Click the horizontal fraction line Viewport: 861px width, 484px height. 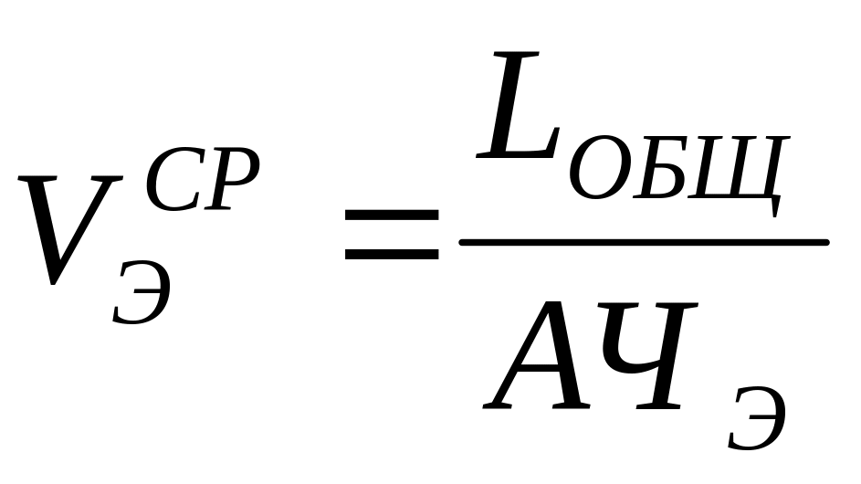click(x=644, y=242)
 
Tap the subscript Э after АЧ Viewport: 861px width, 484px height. click(x=757, y=421)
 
